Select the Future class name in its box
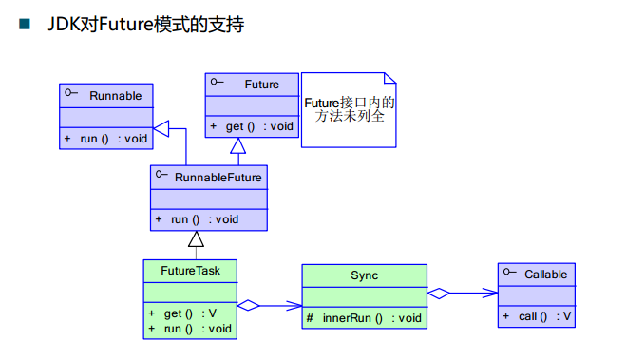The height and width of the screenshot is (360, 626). (261, 85)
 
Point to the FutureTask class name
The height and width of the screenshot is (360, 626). (191, 271)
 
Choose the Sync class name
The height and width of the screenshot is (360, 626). (364, 275)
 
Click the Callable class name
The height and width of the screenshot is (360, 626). (545, 275)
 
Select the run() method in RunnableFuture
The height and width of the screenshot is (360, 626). (203, 219)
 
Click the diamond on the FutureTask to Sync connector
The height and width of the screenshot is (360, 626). (248, 306)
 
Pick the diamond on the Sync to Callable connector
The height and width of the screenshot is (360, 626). (439, 294)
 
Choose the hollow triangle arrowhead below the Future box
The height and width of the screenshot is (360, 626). (237, 145)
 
